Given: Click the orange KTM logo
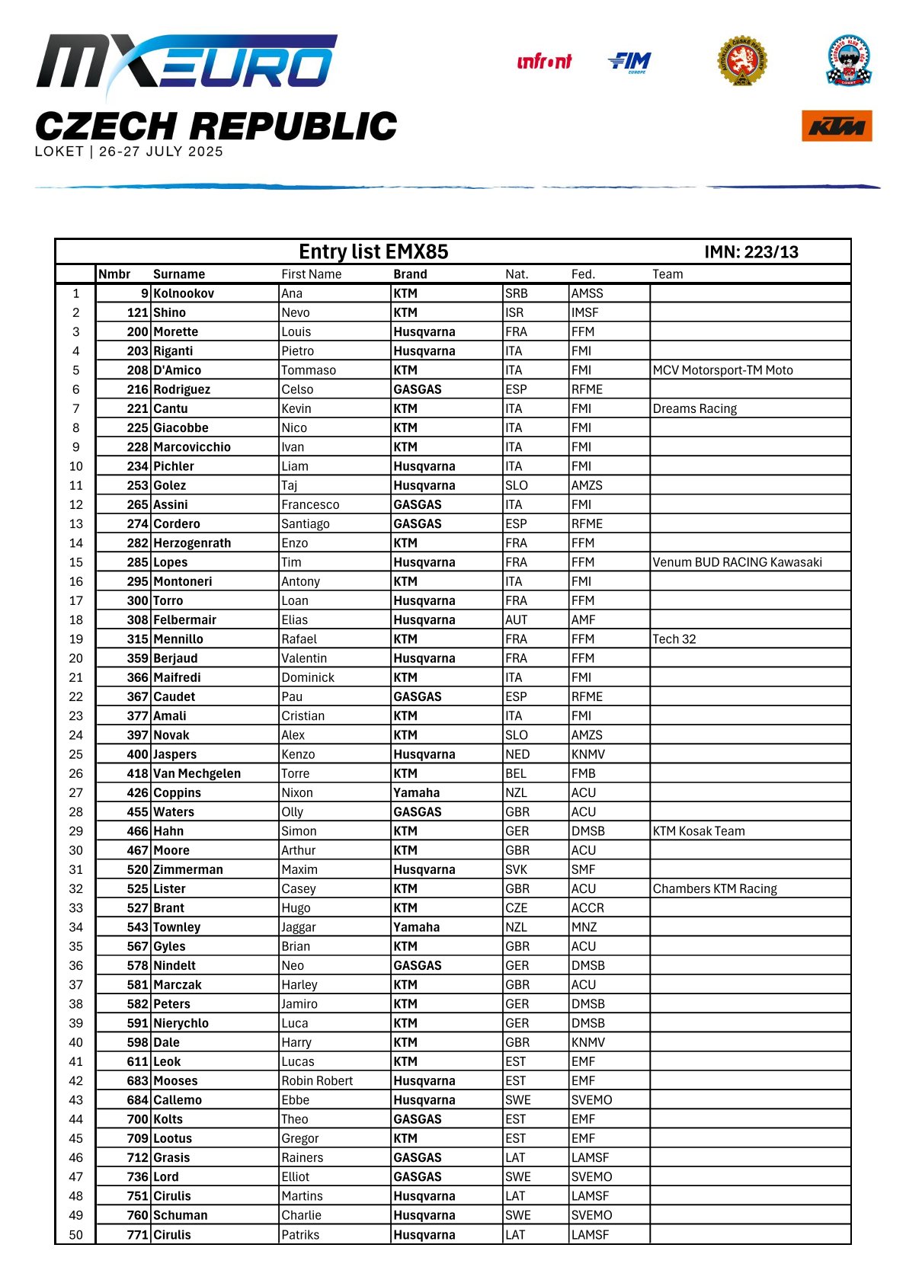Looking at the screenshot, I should (x=836, y=126).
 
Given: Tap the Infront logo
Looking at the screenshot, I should (x=544, y=62).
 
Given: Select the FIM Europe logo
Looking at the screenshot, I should (x=630, y=62).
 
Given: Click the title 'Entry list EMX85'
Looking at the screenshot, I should (x=373, y=252).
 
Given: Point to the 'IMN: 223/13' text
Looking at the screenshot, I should (x=751, y=252).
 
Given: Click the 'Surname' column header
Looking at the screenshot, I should (x=179, y=274).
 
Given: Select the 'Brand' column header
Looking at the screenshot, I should (x=410, y=274).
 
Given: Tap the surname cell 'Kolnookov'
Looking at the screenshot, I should (x=184, y=293).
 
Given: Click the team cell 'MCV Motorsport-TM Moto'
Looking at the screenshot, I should (x=722, y=370).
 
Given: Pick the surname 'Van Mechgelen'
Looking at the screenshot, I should (x=197, y=773).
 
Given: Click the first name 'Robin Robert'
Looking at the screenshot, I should (x=317, y=1080).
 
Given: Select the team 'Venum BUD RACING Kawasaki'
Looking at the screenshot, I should (x=737, y=562).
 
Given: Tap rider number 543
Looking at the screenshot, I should (x=137, y=927).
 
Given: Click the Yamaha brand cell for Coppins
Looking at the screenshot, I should (x=416, y=792).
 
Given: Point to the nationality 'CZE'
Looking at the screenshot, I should (x=516, y=908).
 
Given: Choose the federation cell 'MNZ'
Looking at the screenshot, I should (x=584, y=927).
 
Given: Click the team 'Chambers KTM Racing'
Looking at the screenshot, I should (x=715, y=888).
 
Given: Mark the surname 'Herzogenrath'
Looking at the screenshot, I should (x=192, y=543).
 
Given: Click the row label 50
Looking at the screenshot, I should (x=76, y=1234).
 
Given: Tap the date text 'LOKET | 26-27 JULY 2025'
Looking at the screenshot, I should (x=129, y=152).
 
